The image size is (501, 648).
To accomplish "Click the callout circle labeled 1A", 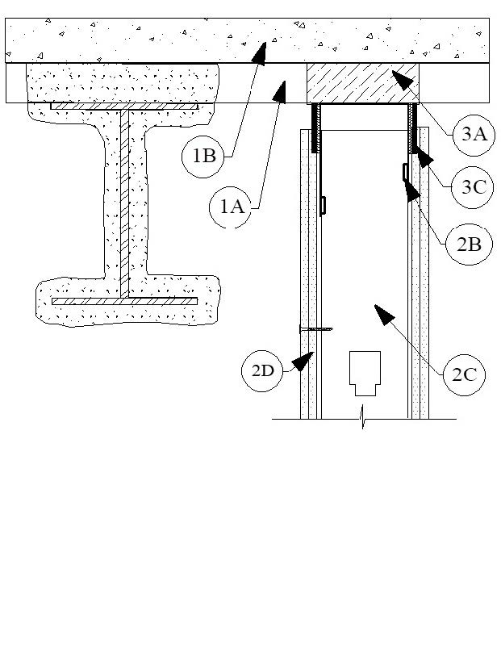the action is [231, 207].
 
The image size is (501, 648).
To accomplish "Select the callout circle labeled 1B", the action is [203, 157].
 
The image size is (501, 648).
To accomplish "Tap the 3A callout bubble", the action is [474, 135].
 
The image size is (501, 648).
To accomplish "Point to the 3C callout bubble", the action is [473, 186].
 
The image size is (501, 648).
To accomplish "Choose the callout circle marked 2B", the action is [470, 244].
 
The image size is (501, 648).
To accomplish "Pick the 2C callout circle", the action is [464, 374].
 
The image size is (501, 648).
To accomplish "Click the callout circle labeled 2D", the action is [262, 370].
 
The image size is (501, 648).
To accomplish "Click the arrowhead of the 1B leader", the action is [260, 53].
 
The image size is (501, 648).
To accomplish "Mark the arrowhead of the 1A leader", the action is [281, 91].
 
